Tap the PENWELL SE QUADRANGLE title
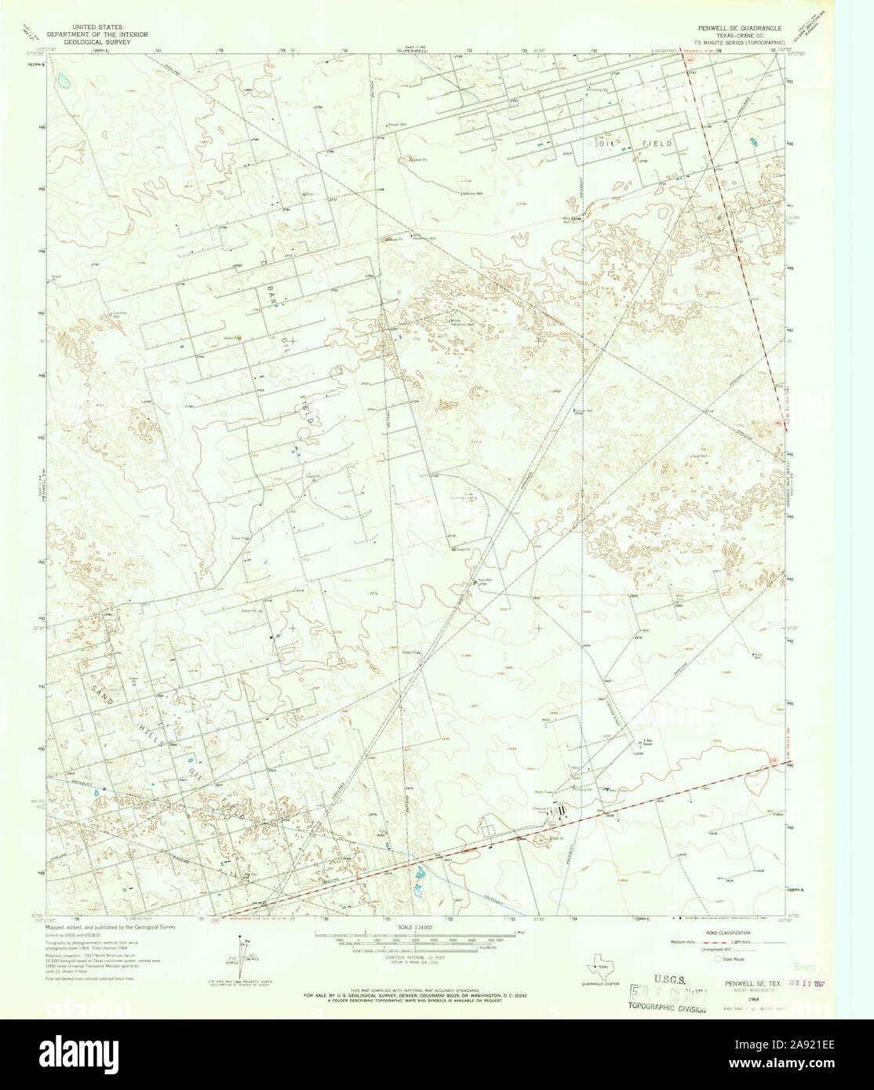click(736, 27)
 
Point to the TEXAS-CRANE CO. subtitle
click(736, 35)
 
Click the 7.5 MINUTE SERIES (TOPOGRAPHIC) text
click(736, 42)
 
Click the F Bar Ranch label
click(649, 741)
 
